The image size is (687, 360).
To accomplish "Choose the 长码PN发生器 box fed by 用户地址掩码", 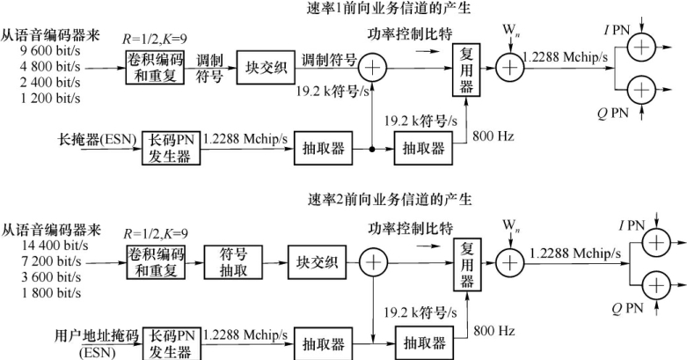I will click(172, 342).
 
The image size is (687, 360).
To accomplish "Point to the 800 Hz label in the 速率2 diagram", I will click(492, 329).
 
